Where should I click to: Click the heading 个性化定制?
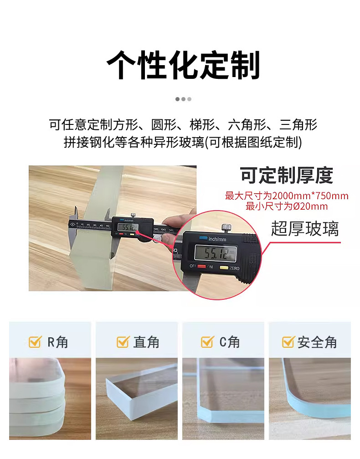coord(183,65)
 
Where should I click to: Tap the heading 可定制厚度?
coord(287,175)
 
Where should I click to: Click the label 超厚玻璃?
coord(305,229)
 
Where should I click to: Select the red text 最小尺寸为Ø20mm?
coord(287,206)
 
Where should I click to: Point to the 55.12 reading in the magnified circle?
coord(216,253)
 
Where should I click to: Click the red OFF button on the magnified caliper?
coord(202,266)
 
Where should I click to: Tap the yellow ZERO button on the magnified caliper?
coord(224,268)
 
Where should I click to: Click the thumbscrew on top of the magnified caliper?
coord(226,227)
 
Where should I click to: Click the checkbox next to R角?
coord(35,341)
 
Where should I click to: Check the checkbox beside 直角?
coord(123,341)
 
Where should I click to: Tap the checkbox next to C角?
coord(207,341)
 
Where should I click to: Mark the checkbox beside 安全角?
coord(288,341)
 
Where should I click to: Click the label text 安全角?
coord(317,342)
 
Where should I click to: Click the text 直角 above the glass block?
coord(146,342)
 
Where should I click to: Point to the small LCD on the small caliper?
coord(128,227)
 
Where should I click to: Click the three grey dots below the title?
coord(183,99)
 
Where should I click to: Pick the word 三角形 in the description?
coord(298,125)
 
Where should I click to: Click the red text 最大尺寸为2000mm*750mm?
coord(287,196)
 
